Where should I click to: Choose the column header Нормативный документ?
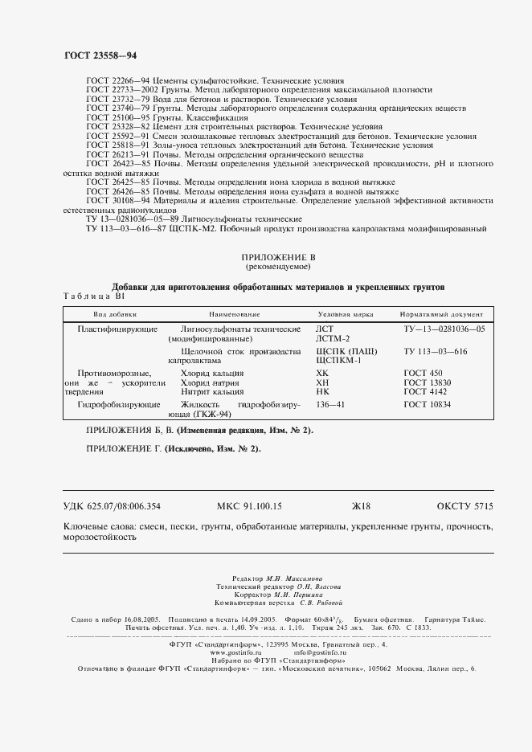tap(441, 315)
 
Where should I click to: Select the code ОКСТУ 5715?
tap(464, 506)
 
